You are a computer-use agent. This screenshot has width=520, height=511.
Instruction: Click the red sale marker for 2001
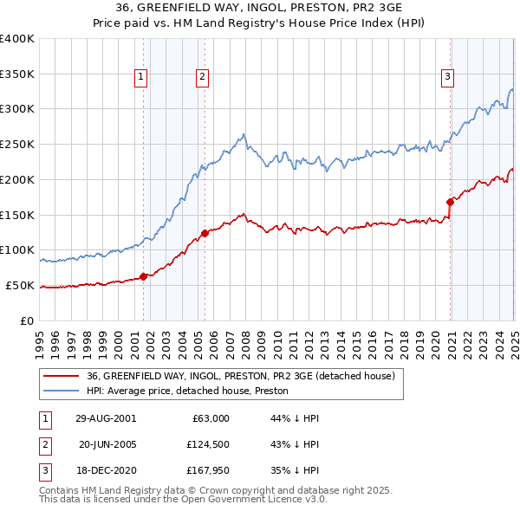click(144, 276)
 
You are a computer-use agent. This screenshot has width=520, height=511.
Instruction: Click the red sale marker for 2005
click(205, 233)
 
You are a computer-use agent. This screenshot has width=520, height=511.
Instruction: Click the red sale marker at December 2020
click(451, 202)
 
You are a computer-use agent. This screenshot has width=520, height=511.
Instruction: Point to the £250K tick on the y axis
click(17, 144)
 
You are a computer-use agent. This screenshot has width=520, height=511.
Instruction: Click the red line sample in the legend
click(62, 376)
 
